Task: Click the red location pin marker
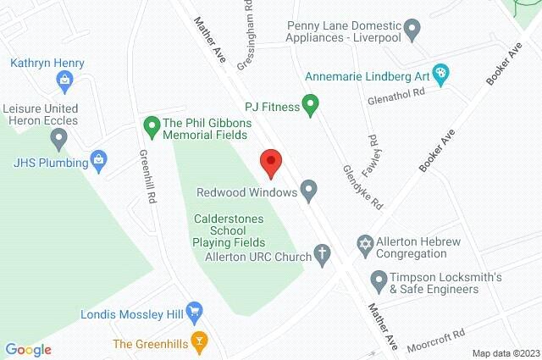(270, 162)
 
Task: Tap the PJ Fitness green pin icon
(311, 107)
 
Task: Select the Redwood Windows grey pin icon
(309, 192)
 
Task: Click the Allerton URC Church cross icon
(322, 254)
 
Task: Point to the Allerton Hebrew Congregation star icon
(365, 244)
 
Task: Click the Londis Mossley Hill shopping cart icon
(195, 312)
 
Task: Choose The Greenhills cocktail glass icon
(200, 342)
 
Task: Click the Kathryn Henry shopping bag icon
(64, 80)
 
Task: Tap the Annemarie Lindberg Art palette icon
(440, 74)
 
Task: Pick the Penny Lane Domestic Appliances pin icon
(412, 32)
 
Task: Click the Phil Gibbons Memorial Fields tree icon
(152, 128)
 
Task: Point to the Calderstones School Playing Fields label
(229, 230)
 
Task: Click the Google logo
(28, 350)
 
